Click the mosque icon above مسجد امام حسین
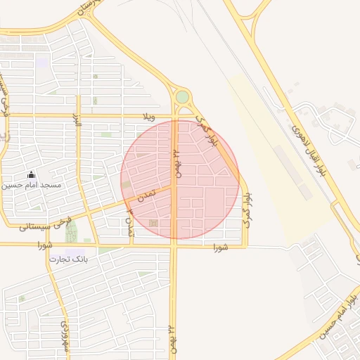pos(30,174)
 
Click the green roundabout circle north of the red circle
pos(182,96)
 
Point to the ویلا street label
pos(147,115)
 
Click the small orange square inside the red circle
pos(153,224)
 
